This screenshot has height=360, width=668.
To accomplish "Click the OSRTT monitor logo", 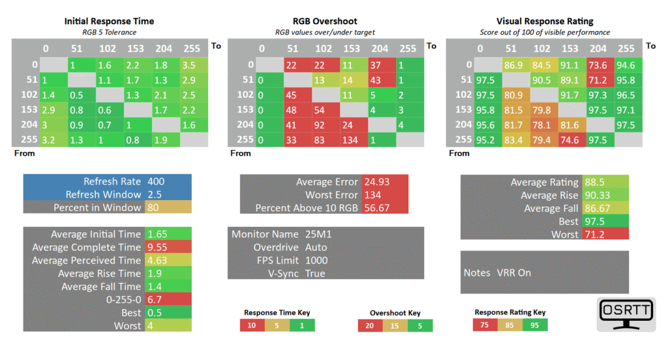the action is [626, 314].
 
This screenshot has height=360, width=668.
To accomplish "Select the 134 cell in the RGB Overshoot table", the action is [354, 140].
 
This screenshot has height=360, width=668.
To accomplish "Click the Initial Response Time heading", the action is [109, 22].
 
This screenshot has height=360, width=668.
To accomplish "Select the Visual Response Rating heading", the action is [545, 22].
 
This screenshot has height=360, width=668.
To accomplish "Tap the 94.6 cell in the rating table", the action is [628, 65].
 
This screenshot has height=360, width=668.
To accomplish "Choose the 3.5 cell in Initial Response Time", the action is [194, 65].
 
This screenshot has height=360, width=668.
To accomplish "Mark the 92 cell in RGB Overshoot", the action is [326, 125].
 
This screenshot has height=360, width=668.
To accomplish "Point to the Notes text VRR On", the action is [514, 273].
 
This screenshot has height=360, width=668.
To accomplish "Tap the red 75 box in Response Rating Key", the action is [485, 325].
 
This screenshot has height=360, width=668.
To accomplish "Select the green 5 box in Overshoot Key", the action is [420, 325].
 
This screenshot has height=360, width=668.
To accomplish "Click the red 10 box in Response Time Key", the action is [252, 325].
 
